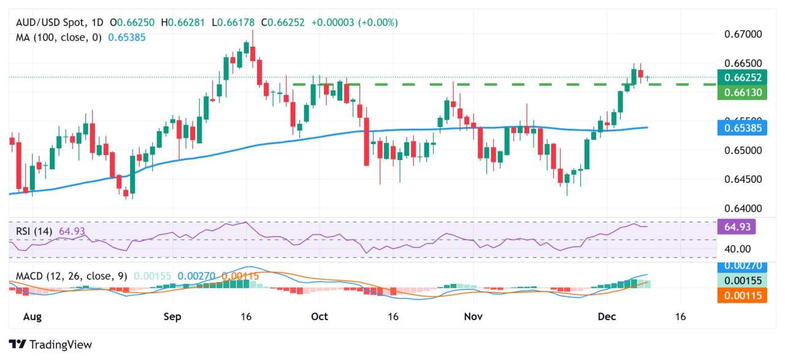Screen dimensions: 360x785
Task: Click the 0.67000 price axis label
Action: [744, 34]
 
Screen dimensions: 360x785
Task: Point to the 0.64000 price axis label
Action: [744, 209]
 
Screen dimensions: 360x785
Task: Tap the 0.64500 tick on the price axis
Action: [744, 179]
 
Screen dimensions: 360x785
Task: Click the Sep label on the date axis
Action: [172, 316]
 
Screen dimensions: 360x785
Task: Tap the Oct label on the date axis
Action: [320, 316]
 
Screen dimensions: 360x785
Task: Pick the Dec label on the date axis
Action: [607, 316]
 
